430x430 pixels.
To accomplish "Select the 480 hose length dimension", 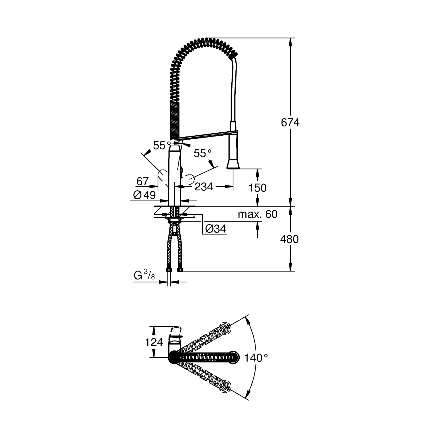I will coord(289,239).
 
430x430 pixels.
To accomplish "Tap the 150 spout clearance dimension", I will coord(258,188).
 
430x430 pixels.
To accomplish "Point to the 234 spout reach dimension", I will coord(204,187).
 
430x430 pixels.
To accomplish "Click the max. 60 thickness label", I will coord(257,214).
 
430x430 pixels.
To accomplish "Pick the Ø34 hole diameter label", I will coord(216,228).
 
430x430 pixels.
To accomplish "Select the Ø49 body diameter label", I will coord(144,195).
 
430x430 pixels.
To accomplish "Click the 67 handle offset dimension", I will coord(142,181).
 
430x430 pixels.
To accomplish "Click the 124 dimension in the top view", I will coord(154,342).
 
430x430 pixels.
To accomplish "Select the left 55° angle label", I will coord(162,146).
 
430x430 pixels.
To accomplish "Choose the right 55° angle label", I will coord(202,153).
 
